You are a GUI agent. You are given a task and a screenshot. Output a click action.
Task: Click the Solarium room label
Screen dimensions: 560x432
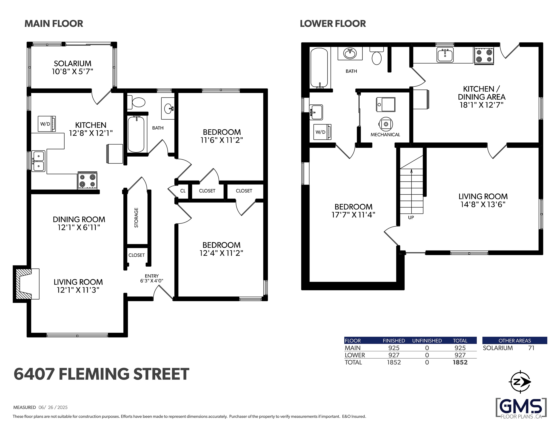point(72,64)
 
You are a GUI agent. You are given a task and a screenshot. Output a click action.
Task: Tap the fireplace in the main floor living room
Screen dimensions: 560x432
point(26,284)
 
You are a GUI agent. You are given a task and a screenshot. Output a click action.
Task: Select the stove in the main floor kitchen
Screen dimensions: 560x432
point(87,181)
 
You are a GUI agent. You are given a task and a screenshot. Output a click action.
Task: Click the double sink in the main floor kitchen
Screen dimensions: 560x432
point(38,161)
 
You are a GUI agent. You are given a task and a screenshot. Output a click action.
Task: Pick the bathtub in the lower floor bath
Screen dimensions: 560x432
point(319,68)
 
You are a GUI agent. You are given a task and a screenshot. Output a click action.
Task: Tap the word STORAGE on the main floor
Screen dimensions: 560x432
point(136,217)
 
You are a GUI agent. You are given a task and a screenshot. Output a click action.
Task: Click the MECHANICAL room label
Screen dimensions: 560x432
point(385,135)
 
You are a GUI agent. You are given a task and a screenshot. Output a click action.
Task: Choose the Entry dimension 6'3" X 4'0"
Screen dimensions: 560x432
point(152,281)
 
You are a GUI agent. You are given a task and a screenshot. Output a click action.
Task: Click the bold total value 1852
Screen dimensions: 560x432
point(460,362)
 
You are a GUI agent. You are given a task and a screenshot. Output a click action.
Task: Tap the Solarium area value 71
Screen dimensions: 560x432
point(531,348)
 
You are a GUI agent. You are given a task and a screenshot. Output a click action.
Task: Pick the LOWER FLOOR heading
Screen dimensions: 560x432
point(333,24)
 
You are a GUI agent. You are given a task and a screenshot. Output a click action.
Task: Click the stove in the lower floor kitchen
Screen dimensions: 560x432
point(484,56)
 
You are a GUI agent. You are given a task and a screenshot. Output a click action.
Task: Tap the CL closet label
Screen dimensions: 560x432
point(183,191)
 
